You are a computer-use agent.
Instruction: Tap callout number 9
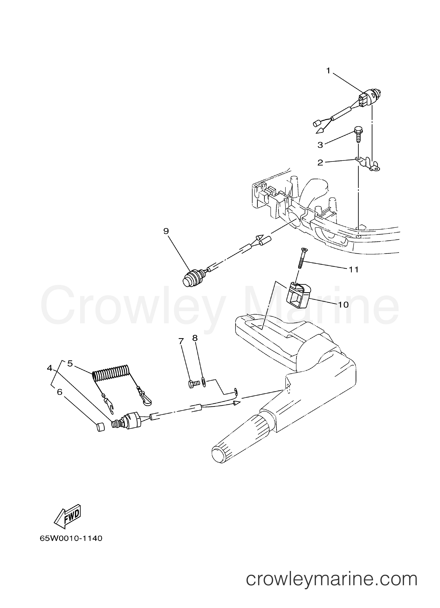click(166, 231)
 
